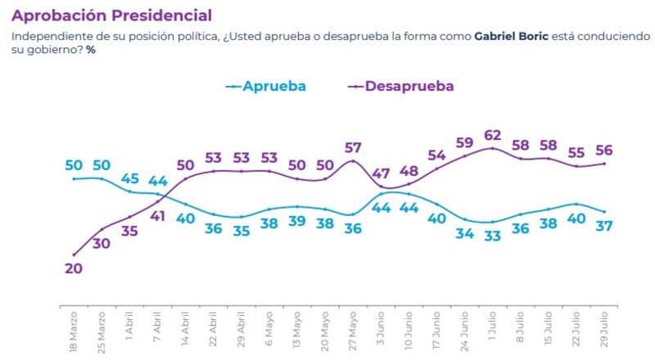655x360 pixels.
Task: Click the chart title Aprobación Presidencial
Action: click(111, 16)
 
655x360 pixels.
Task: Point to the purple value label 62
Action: click(493, 136)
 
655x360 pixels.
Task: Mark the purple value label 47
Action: click(382, 173)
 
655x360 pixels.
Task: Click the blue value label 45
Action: click(130, 178)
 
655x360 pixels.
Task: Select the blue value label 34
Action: click(465, 235)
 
